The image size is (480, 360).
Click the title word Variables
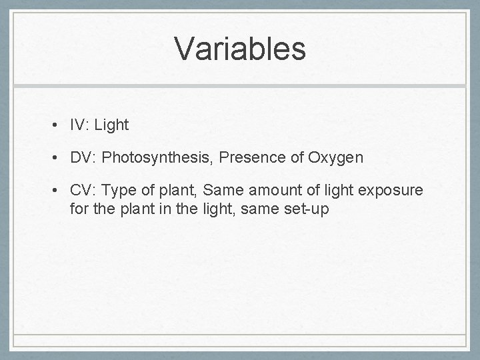coord(240,49)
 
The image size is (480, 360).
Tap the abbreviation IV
coord(77,125)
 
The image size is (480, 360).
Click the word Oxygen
coord(337,158)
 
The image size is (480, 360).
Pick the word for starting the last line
coord(79,209)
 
